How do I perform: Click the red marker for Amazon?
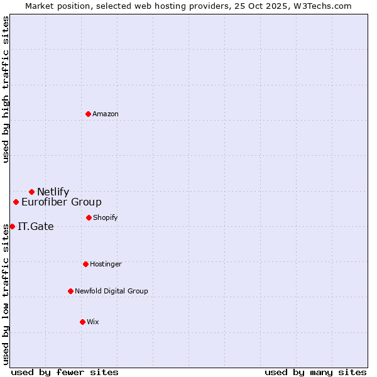pos(89,114)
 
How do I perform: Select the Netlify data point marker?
pos(31,192)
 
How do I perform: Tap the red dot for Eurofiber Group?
pos(16,202)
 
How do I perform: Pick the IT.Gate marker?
pos(12,226)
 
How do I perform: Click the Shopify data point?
pos(89,217)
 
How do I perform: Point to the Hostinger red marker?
pos(85,264)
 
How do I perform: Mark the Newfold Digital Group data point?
pos(70,291)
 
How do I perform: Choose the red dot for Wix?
pos(82,322)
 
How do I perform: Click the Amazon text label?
pos(106,114)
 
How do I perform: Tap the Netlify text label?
pos(53,192)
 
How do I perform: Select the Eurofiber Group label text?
pos(62,202)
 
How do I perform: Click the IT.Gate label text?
pos(36,227)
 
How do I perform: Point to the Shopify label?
pos(106,217)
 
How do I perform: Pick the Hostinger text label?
pos(106,264)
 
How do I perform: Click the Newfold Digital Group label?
pos(111,291)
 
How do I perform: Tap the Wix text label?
pos(93,322)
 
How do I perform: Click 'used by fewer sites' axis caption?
pos(65,372)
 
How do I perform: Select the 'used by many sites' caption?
pos(315,372)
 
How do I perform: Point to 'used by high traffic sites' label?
pos(6,89)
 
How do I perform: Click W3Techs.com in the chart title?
pos(320,6)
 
